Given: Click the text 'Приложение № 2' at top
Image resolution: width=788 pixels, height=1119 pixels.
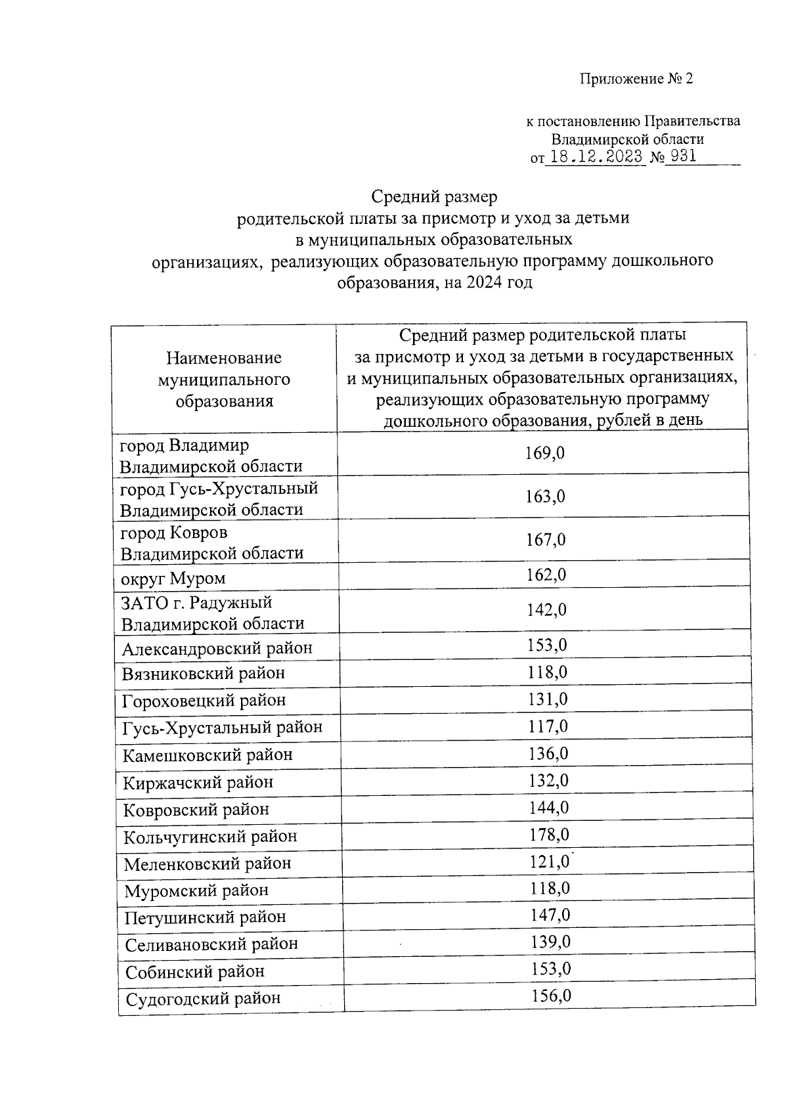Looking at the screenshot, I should [x=636, y=79].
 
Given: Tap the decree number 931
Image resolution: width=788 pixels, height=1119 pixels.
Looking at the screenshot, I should [x=680, y=158].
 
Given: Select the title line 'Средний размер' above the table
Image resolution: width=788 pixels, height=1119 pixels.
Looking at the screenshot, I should [x=434, y=197].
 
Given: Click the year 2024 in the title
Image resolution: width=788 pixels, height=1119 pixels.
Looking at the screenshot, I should [x=484, y=283].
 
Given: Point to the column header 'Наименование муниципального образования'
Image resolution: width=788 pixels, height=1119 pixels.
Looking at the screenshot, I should [x=224, y=380].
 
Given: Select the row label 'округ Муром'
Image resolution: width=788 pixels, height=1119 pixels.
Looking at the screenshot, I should [x=173, y=579].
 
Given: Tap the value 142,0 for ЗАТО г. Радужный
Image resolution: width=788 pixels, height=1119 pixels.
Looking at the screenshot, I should [x=546, y=610].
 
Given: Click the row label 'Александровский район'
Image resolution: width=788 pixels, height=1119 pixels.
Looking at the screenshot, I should [x=217, y=649].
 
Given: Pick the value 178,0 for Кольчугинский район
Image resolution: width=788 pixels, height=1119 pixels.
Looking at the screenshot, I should [x=549, y=835].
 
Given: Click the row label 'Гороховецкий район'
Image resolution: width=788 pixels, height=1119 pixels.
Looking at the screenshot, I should [x=204, y=701].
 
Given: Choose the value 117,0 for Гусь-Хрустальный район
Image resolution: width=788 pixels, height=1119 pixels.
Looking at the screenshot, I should [x=548, y=726].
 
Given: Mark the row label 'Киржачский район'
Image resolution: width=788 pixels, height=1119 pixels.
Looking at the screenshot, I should [x=198, y=782].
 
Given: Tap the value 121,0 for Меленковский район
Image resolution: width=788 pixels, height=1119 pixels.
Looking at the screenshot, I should [x=549, y=862].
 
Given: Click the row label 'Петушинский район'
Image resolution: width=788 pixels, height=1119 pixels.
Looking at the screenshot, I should [x=205, y=917].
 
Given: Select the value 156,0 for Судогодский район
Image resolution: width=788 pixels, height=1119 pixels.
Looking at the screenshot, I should [x=550, y=996].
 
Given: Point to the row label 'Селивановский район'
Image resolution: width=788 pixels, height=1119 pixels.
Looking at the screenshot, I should [x=211, y=944].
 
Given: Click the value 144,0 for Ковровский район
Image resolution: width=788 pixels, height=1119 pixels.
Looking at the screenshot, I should [x=548, y=808].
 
